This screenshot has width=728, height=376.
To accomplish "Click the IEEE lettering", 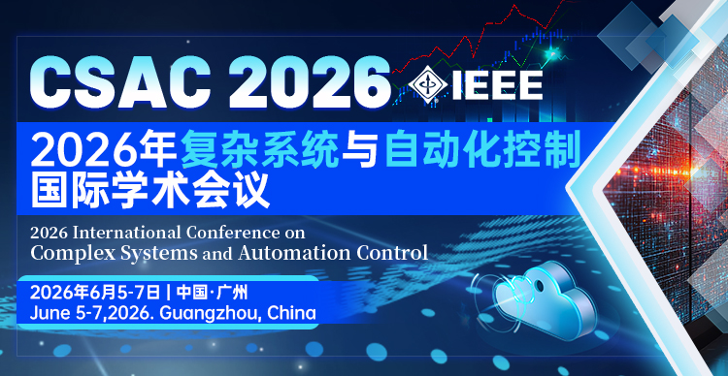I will pos(496,84).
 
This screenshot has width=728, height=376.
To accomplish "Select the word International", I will pos(126,233).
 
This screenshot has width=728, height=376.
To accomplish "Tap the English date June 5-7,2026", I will pos(91,314).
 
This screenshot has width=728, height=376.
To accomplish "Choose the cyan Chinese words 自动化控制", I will pos(481,151).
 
